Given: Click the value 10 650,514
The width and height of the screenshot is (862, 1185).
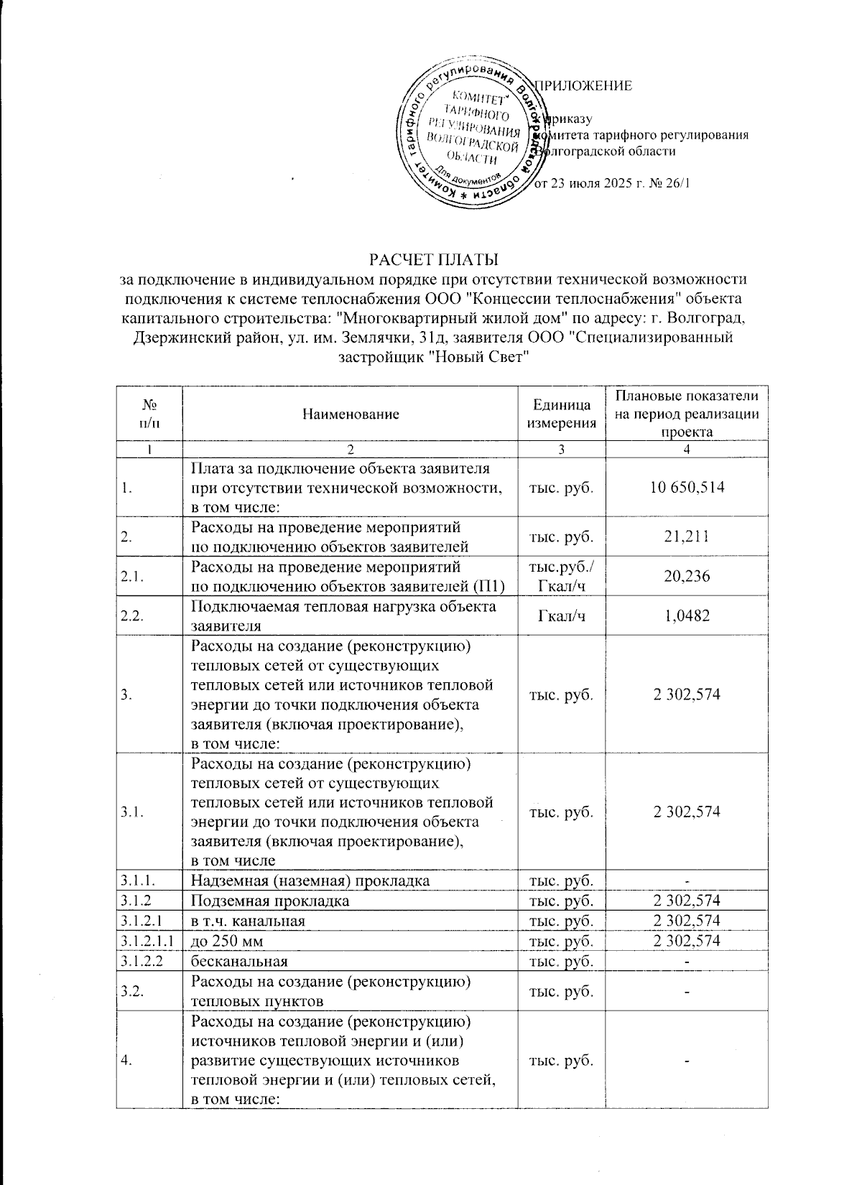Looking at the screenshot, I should pos(687,487).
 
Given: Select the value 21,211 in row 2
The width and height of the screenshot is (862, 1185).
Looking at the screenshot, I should pos(687,536).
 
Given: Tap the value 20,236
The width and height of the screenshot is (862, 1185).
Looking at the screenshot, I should pos(687,576).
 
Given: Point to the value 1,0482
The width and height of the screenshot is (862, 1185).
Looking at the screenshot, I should pos(687,615).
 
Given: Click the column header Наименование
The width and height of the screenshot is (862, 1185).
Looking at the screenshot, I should pos(350,414).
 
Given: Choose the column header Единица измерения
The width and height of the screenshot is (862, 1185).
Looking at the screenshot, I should pos(562,414).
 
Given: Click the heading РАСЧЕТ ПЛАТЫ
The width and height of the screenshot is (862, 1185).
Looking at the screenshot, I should pos(433,258).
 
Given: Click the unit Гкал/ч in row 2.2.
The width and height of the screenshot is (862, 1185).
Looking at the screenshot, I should pos(562,615).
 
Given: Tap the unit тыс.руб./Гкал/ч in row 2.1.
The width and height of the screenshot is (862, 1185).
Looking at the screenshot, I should pos(562,576).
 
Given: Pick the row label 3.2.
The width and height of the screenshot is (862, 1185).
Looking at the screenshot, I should pos(131,991).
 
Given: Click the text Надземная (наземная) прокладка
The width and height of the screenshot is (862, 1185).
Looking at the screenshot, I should pos(310,880).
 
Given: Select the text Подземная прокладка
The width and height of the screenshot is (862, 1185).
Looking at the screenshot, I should pos(270,901).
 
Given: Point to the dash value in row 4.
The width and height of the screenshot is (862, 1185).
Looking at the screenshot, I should pos(687,1064).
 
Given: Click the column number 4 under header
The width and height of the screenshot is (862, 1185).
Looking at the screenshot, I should pos(687,450).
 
